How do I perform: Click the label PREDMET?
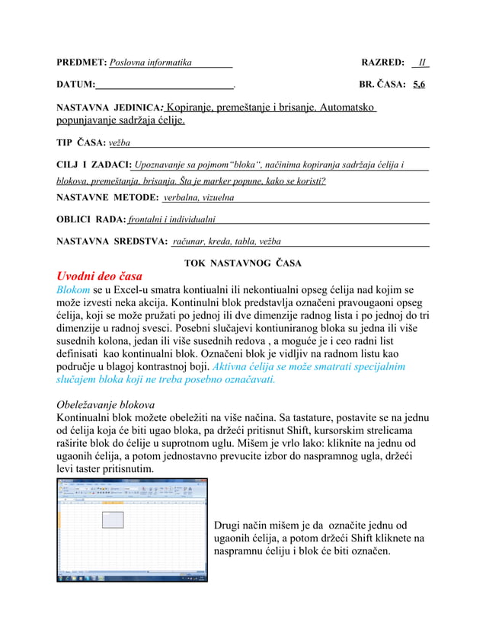[82, 62]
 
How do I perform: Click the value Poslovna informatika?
[150, 62]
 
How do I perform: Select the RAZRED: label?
[382, 62]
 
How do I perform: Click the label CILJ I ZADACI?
[94, 164]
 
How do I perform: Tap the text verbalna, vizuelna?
[199, 198]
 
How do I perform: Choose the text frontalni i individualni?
[171, 220]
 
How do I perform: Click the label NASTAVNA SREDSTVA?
[113, 242]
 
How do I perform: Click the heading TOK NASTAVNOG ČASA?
[243, 263]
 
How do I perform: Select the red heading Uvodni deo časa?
[99, 276]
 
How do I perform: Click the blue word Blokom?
[74, 290]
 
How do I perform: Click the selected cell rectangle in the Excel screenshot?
[112, 519]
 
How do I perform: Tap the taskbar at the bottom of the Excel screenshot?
[132, 578]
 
